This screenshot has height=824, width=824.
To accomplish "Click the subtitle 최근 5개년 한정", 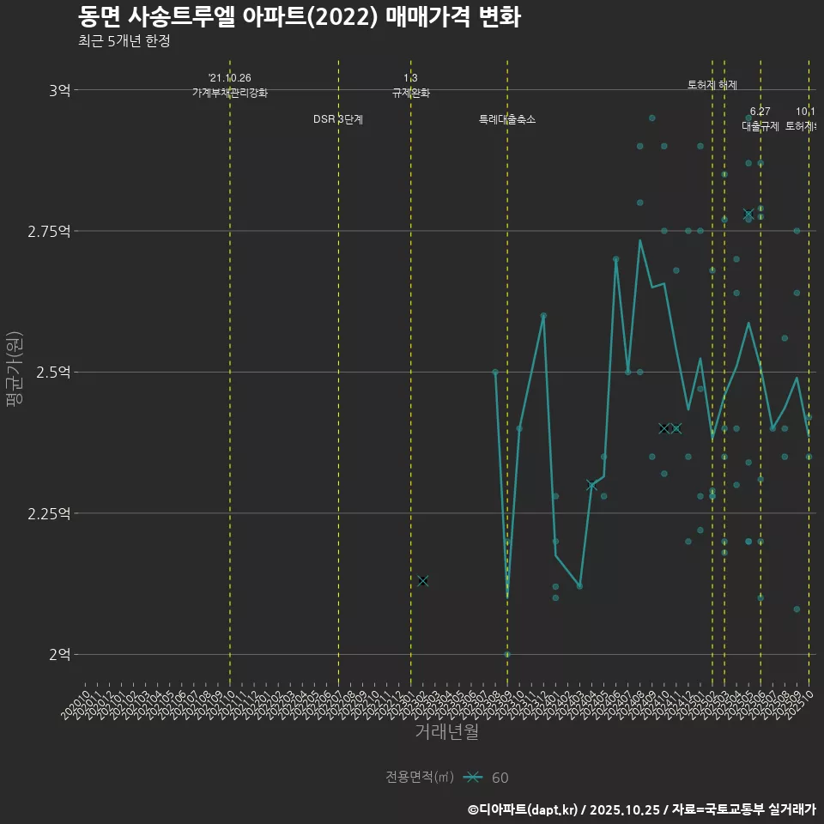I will [x=129, y=41].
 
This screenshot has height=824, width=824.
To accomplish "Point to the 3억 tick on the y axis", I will [x=59, y=90].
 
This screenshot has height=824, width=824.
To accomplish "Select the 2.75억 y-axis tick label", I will [x=52, y=231].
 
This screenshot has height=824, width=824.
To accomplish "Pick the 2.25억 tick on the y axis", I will [x=52, y=513].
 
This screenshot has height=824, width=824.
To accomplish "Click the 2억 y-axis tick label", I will [x=59, y=654].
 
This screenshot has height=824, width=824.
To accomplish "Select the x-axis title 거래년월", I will [x=446, y=732].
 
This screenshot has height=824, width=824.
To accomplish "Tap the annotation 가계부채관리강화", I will [x=230, y=93].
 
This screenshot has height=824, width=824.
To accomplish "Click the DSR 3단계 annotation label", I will [x=338, y=119].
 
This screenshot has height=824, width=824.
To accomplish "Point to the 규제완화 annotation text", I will [x=411, y=93].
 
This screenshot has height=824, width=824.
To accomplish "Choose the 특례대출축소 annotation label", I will [x=507, y=119].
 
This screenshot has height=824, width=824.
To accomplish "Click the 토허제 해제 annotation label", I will [x=712, y=85].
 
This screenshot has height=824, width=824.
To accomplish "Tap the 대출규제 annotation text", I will [x=760, y=126].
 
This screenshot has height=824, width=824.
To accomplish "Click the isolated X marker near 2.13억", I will [x=423, y=581].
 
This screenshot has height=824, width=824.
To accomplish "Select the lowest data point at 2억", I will [x=507, y=654].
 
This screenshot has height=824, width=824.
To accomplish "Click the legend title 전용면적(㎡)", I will [x=420, y=778].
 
